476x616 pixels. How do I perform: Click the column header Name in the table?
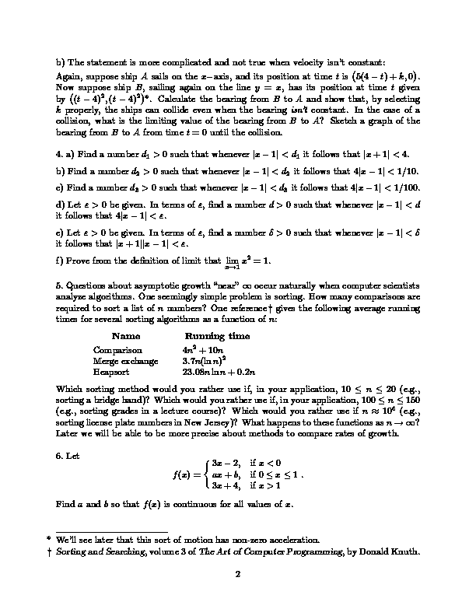point(126,336)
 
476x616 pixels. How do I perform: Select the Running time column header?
point(217,336)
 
